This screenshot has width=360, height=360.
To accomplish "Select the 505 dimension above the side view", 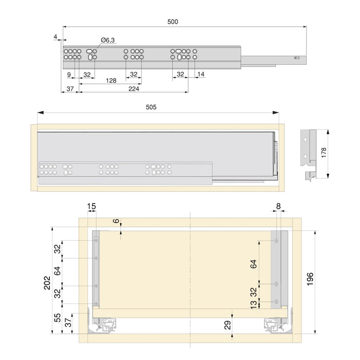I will (x=151, y=107).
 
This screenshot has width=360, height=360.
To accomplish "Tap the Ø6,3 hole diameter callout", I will (x=107, y=40).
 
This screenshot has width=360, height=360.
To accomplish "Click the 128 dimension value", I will (x=111, y=81).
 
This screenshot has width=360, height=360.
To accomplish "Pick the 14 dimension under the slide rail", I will (x=201, y=75).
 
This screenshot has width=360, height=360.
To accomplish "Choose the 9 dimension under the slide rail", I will (x=69, y=75).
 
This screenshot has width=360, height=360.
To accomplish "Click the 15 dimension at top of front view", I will (x=91, y=206).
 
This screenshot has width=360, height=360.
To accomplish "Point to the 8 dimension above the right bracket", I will (x=278, y=206).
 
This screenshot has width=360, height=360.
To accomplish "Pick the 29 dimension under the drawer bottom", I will (x=227, y=325).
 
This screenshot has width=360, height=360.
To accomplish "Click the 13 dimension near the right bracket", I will (x=253, y=304).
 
